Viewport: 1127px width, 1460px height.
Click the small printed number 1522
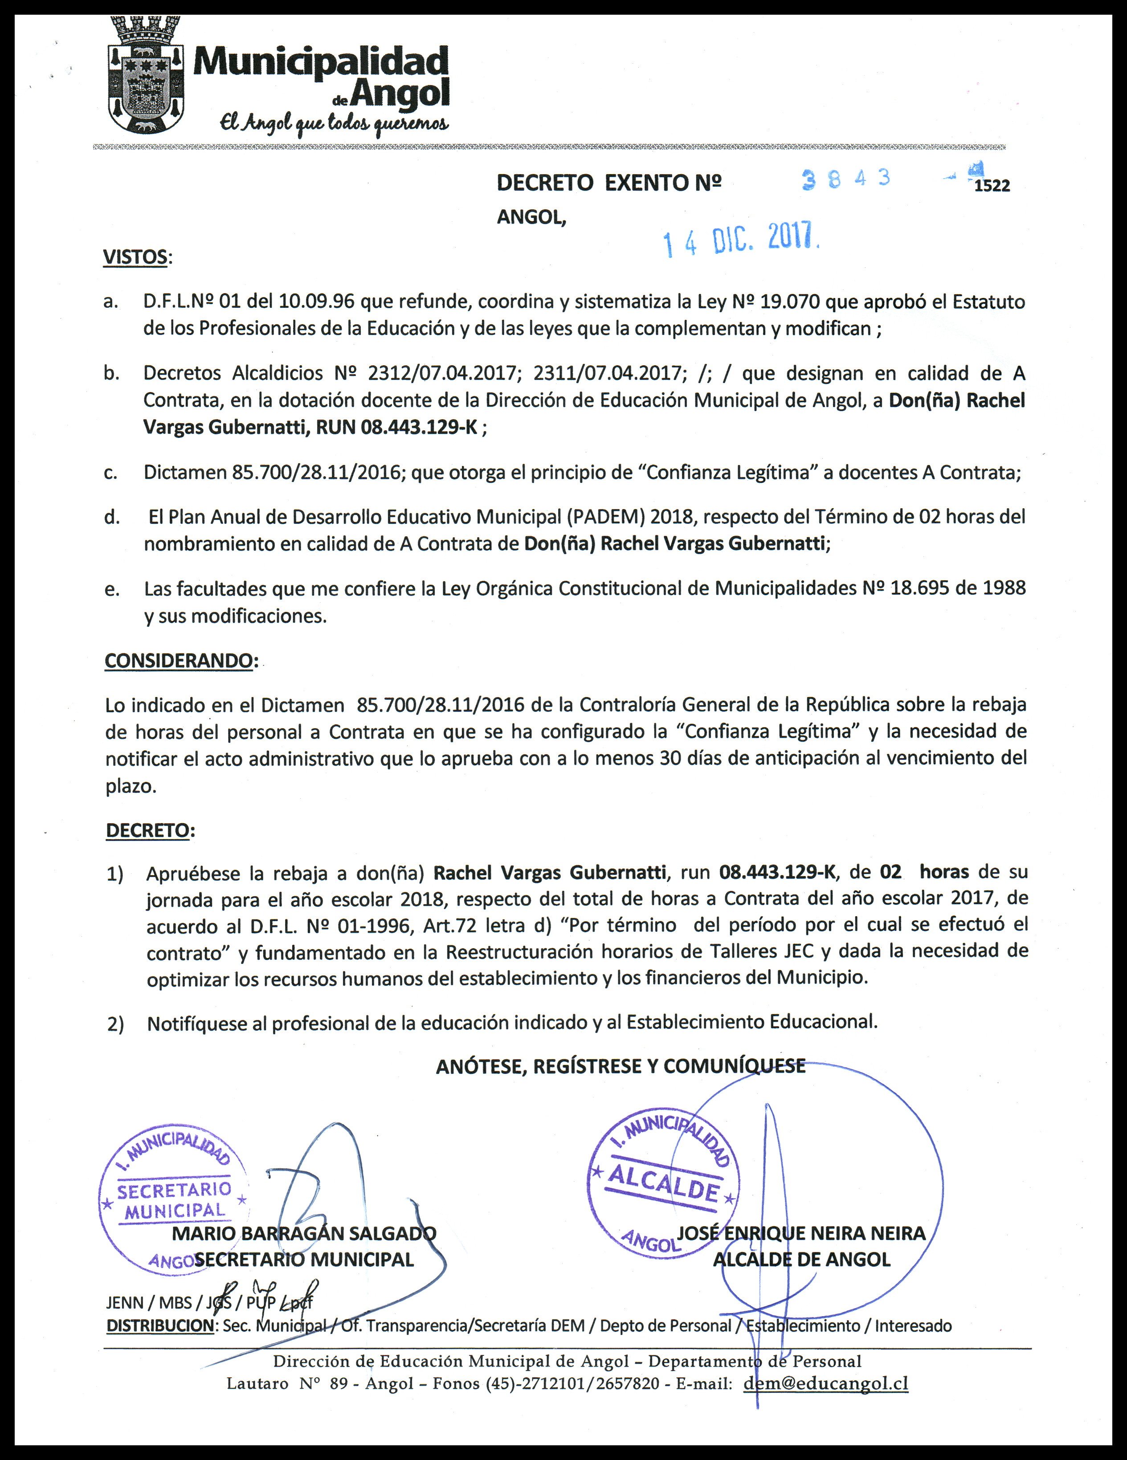pos(992,187)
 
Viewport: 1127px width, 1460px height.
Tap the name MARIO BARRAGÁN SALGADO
pos(304,1233)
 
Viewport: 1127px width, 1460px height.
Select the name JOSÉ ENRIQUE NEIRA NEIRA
pos(801,1233)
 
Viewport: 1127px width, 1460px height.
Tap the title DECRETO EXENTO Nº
pos(608,183)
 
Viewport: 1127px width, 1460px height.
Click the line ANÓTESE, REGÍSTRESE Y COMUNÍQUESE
pos(621,1066)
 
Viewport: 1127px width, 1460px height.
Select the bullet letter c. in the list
pos(111,473)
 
